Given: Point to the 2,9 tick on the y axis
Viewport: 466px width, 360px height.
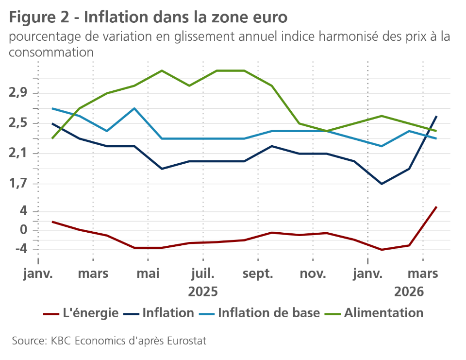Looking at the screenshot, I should (x=19, y=93).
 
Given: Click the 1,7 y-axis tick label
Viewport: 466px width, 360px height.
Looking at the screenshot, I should (x=19, y=184).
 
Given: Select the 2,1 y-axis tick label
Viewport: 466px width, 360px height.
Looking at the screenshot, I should (x=19, y=154).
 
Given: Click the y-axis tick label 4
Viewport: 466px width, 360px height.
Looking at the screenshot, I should (x=22, y=211).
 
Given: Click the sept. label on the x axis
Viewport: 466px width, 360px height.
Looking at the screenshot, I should (x=258, y=274).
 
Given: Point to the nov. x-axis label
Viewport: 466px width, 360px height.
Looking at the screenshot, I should (x=313, y=274).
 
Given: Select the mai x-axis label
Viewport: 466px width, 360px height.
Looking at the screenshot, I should (x=148, y=274).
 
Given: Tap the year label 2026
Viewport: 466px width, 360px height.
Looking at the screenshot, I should (x=409, y=292).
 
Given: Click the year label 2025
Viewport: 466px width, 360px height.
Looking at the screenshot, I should (x=203, y=292).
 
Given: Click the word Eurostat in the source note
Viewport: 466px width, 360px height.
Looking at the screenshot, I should (x=187, y=341).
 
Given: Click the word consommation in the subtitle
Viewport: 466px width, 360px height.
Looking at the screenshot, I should (x=51, y=52).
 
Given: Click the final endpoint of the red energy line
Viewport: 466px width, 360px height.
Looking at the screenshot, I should (x=437, y=207).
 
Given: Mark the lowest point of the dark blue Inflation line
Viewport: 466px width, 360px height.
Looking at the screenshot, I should (x=382, y=184).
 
